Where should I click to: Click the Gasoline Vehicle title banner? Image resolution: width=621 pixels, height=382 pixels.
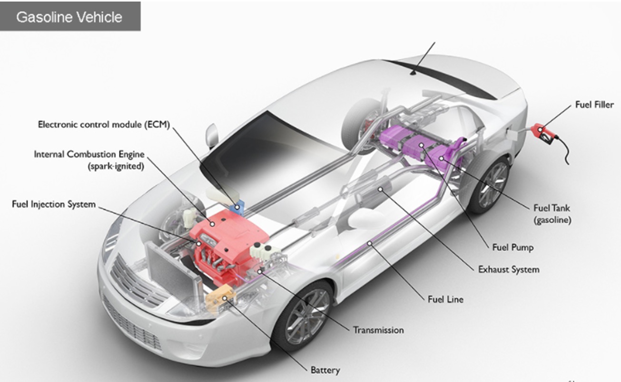coord(70,16)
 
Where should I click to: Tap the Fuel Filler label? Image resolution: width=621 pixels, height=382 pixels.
coord(594,105)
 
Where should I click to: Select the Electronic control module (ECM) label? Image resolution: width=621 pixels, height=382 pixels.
coord(104,124)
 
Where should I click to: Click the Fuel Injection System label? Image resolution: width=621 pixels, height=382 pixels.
coord(54,204)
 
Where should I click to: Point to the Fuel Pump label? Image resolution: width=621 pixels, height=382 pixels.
coord(513,247)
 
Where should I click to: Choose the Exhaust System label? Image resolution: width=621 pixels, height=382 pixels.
coord(509,269)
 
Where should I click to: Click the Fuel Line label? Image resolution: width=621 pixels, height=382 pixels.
coord(445,299)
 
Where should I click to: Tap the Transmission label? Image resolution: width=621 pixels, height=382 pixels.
coord(378,330)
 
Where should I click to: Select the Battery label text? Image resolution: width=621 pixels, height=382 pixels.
coord(325,370)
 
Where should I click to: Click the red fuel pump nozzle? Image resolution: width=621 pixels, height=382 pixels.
coord(543,134)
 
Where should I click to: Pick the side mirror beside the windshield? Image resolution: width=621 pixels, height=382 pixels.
coord(212,135)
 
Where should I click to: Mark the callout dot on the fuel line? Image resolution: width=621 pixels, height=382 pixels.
coord(370,243)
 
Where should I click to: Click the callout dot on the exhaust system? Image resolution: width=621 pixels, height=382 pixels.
coord(380,190)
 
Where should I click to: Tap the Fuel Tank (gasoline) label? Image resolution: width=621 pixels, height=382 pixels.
coord(552,214)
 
